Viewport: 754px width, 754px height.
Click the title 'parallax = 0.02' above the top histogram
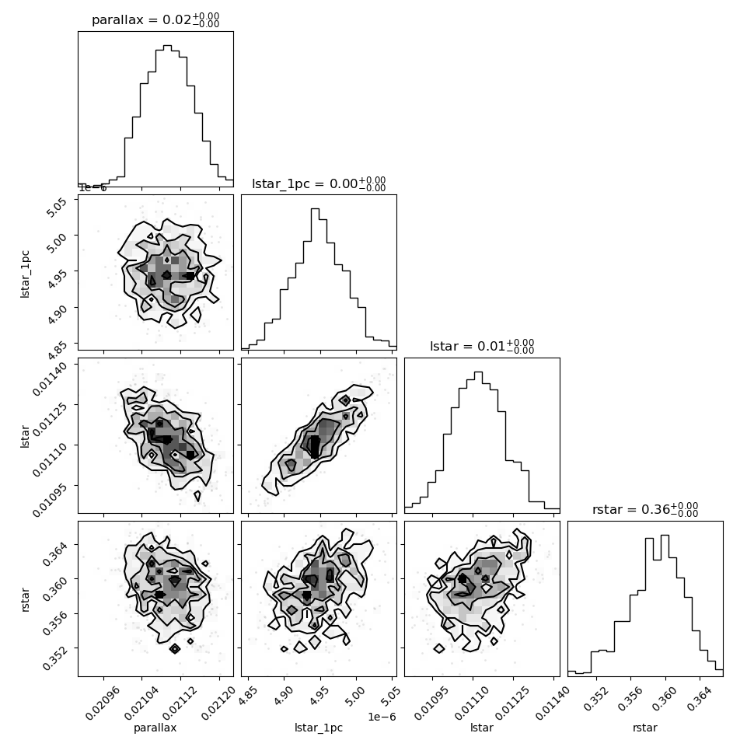click(141, 19)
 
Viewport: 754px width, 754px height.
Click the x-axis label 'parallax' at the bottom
click(155, 728)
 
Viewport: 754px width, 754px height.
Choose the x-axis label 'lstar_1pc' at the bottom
click(319, 728)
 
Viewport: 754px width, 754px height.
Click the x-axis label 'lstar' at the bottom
click(482, 728)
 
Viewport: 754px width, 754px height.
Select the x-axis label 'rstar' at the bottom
click(645, 728)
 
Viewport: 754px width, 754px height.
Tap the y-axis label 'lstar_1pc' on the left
click(25, 274)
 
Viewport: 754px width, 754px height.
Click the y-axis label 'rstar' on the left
click(26, 600)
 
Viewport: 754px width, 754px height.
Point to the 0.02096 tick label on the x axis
click(102, 703)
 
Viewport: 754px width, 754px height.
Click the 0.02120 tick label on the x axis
click(218, 703)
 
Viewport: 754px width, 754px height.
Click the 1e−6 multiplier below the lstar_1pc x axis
click(382, 717)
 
